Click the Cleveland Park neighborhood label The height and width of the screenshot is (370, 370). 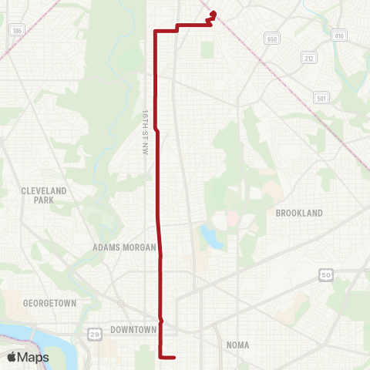44,194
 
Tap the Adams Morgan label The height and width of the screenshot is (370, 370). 123,248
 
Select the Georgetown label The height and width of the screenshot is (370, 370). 50,304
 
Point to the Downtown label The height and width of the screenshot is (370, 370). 133,329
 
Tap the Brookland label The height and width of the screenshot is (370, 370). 298,212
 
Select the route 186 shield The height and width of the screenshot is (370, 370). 16,30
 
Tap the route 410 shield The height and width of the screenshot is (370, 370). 339,35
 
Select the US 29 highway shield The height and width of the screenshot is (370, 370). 94,333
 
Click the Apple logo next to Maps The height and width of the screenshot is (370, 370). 12,357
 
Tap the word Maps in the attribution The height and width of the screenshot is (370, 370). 35,357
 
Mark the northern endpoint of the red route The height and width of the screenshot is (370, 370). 213,12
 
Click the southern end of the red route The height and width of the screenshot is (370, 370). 176,357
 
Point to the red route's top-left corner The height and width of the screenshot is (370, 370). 156,31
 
